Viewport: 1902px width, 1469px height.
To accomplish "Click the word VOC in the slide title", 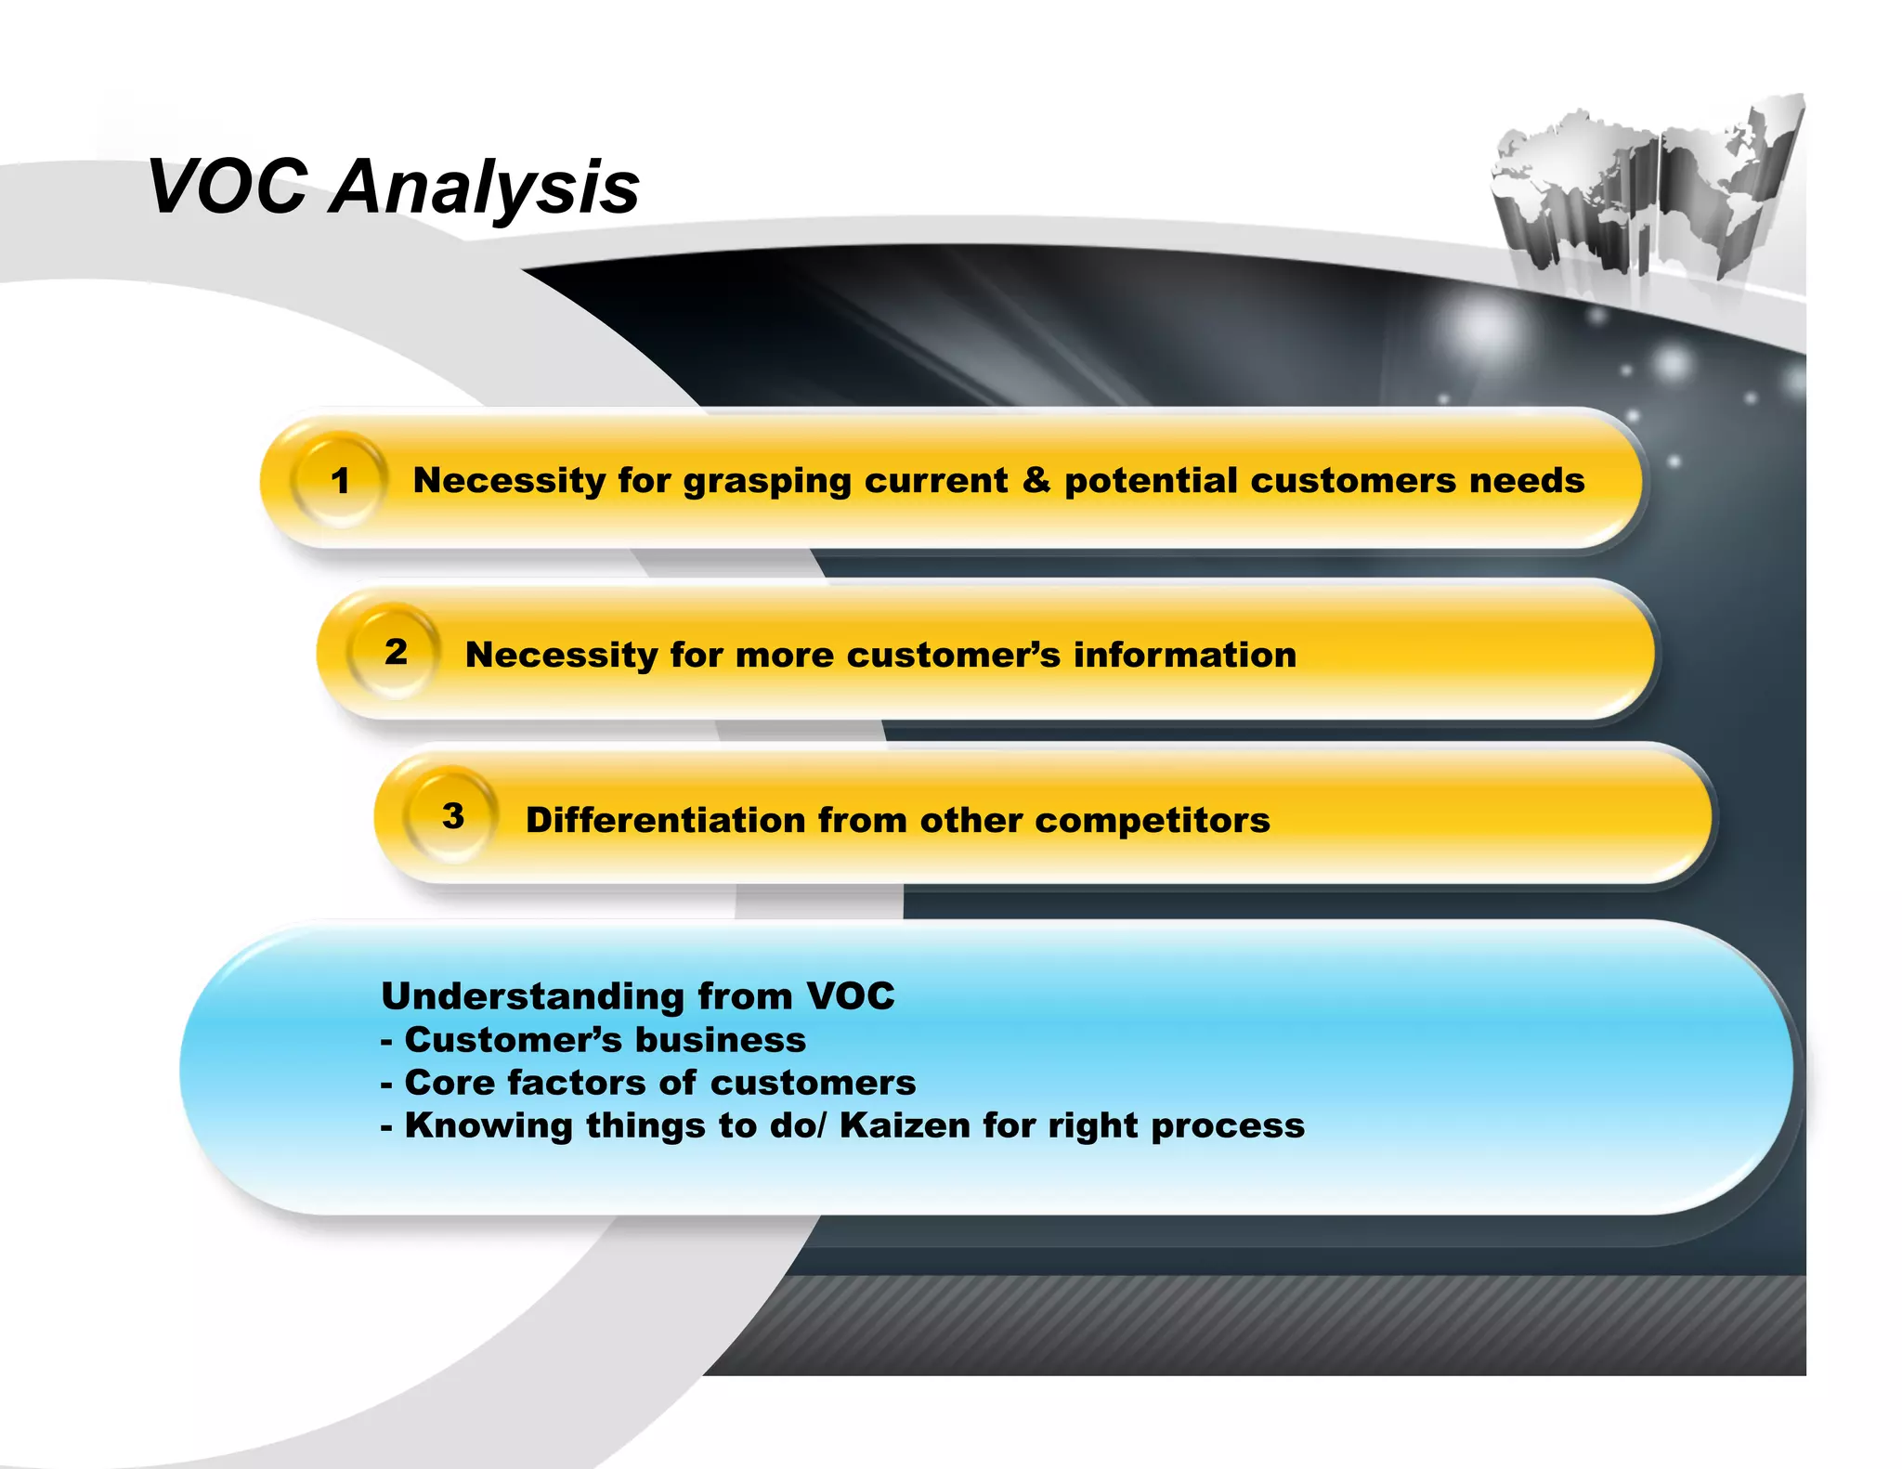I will pyautogui.click(x=228, y=188).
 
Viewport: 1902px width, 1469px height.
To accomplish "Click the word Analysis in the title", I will pyautogui.click(x=485, y=188).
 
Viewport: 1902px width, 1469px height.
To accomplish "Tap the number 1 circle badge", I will pyautogui.click(x=340, y=481).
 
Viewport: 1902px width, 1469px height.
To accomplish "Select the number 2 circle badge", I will pyautogui.click(x=396, y=652).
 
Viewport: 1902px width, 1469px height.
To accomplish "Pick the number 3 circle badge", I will pyautogui.click(x=453, y=816).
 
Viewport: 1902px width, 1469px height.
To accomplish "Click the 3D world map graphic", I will pyautogui.click(x=1644, y=190).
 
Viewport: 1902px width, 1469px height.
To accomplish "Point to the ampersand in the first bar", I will pyautogui.click(x=1036, y=480).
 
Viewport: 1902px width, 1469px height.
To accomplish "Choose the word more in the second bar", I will pyautogui.click(x=784, y=656).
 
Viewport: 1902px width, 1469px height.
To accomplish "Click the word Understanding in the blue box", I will pyautogui.click(x=533, y=997).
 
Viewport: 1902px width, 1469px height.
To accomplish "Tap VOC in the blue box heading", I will pyautogui.click(x=851, y=996).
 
